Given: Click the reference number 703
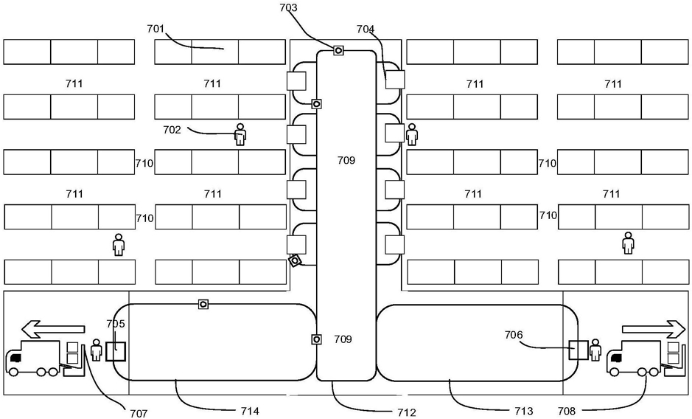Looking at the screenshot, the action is click(289, 7).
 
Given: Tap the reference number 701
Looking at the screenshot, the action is click(155, 30).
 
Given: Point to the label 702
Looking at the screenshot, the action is click(172, 130).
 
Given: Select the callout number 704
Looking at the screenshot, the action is click(366, 30).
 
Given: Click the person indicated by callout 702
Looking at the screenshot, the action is click(240, 134).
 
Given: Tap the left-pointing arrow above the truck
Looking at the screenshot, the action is click(53, 329).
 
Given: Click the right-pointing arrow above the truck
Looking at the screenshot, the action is click(654, 329).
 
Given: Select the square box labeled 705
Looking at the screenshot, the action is click(116, 351).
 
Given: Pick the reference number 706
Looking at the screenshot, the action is click(514, 335).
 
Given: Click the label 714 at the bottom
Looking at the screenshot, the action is click(250, 411).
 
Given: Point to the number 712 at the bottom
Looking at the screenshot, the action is click(407, 412).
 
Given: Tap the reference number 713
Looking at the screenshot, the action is click(524, 411).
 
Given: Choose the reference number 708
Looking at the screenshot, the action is click(567, 412).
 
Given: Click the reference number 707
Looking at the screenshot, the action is click(139, 413).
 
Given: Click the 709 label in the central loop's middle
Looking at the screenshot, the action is click(346, 160).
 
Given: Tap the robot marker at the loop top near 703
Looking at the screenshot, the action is click(338, 50).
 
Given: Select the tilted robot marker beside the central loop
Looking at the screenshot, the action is click(295, 261).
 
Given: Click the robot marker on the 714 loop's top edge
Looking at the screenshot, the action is click(203, 304).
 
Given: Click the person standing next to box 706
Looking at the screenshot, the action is click(595, 350).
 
